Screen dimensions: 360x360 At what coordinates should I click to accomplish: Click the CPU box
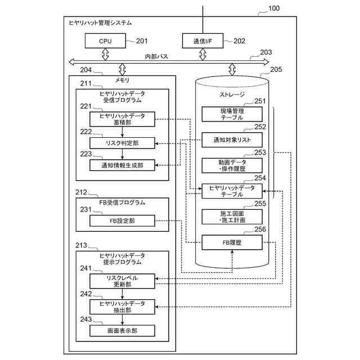106,40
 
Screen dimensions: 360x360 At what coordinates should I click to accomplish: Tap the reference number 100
273,8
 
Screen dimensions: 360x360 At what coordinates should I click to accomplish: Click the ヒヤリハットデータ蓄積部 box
122,119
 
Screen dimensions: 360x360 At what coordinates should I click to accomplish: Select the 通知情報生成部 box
122,165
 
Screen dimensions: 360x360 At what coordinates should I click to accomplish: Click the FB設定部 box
122,221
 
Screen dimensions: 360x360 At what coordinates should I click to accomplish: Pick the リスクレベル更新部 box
122,281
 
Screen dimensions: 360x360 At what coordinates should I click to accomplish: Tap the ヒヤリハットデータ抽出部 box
122,307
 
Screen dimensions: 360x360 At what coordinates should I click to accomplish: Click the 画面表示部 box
122,331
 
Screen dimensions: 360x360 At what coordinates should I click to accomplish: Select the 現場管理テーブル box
232,114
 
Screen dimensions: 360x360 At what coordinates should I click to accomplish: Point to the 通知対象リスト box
232,139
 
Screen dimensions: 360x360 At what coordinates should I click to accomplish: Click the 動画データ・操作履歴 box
232,165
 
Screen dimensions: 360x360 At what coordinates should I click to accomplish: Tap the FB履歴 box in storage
232,242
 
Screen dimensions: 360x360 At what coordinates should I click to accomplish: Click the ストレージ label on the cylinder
232,95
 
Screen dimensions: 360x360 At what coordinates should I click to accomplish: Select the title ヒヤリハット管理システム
100,23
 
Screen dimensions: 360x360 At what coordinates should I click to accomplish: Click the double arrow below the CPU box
105,54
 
